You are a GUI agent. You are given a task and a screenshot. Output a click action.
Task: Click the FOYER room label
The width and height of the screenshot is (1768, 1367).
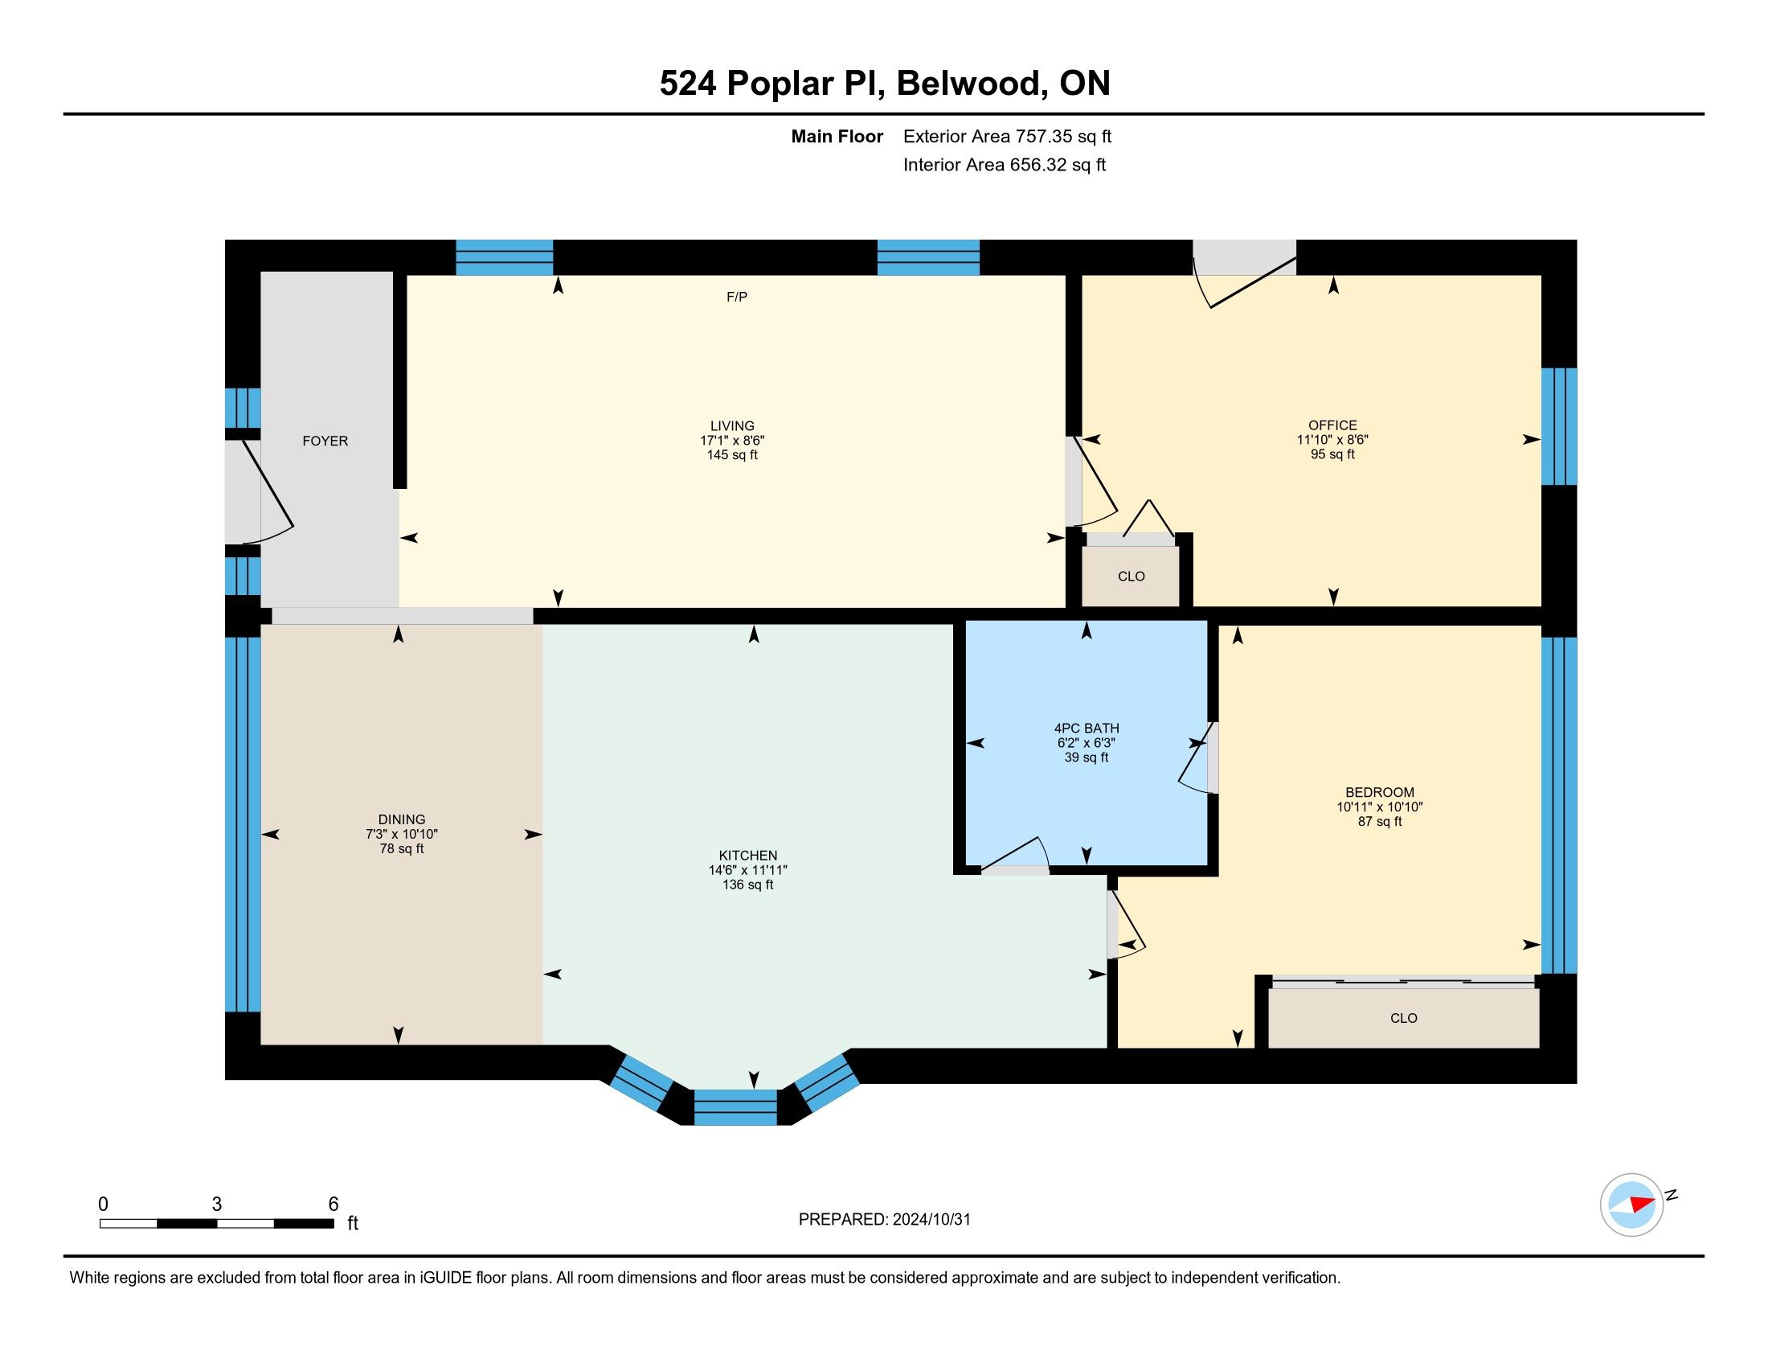(325, 441)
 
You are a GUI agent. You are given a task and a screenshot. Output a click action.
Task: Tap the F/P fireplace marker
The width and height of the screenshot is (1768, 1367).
(737, 298)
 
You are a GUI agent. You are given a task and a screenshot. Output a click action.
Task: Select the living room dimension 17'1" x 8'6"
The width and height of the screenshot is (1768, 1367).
(733, 441)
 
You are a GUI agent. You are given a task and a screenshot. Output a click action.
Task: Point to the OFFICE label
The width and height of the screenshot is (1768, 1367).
(1332, 425)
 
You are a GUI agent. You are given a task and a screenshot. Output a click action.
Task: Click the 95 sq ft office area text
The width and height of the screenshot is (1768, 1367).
(1332, 454)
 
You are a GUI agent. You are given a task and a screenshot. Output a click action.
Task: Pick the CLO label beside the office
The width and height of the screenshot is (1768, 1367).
(1131, 577)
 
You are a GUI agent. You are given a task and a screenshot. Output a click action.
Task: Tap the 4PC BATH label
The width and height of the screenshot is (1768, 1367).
(1087, 728)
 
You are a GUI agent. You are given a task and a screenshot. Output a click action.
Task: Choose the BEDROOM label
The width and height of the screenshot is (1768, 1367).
(1380, 792)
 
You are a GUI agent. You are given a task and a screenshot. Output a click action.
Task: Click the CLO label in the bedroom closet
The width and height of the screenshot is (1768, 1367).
(1404, 1018)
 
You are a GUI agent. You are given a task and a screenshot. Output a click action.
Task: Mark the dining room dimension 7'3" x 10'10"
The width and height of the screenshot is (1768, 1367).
(402, 834)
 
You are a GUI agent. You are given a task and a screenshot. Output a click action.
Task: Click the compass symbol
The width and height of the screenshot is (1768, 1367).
(1632, 1205)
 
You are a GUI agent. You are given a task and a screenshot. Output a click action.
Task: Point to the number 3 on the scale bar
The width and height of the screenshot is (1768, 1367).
(217, 1205)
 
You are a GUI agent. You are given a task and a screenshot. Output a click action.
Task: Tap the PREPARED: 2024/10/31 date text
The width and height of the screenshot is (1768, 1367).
(884, 1220)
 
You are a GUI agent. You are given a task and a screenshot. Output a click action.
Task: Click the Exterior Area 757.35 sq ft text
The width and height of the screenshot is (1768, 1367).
(1007, 136)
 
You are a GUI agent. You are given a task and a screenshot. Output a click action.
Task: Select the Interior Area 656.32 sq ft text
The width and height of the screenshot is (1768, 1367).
(1005, 165)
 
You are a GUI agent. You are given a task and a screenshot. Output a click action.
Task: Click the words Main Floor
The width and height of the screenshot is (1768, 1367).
(837, 136)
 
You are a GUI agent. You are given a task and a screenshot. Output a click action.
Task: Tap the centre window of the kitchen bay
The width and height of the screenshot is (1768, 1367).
(735, 1107)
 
